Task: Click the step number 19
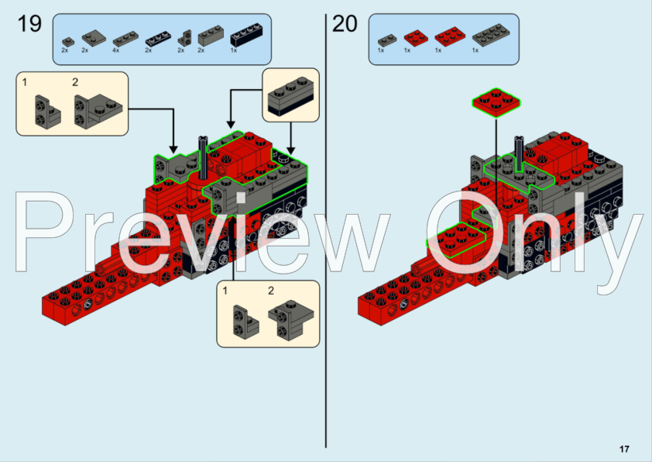tap(29, 24)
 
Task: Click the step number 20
tap(345, 24)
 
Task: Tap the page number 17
tap(624, 449)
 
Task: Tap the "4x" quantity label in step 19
tap(115, 50)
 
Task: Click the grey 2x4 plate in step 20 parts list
tap(486, 36)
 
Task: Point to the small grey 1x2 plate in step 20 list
tap(385, 38)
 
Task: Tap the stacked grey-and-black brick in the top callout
tap(290, 96)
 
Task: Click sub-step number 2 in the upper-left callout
tap(75, 82)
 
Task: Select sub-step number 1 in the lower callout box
tap(225, 291)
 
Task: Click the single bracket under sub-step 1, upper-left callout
tap(39, 111)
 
